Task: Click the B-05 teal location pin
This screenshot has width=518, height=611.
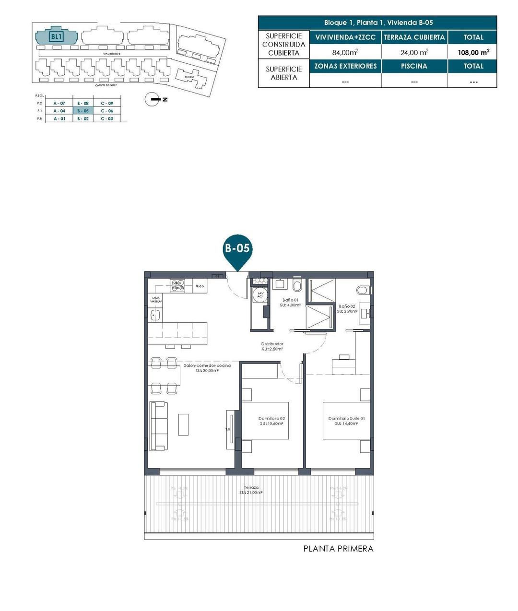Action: tap(237, 249)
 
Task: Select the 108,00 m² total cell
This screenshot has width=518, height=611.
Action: tap(473, 52)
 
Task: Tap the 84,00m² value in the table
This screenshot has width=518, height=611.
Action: tap(345, 52)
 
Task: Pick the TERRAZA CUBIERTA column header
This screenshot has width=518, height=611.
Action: tap(414, 37)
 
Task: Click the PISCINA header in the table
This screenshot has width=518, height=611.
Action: tap(414, 66)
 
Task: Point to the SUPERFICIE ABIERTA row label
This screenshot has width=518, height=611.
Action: tap(283, 73)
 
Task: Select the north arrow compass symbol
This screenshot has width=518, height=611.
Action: tap(153, 99)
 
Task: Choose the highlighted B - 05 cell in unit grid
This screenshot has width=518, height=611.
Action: tap(83, 111)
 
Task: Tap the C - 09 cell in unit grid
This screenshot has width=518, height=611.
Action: tap(107, 103)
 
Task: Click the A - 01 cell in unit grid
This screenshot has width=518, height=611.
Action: tap(59, 118)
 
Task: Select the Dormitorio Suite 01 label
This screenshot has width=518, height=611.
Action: tap(346, 421)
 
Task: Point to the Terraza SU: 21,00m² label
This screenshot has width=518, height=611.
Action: tap(251, 490)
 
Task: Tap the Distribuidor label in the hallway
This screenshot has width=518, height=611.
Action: tap(272, 346)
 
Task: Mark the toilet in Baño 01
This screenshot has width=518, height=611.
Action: tap(296, 286)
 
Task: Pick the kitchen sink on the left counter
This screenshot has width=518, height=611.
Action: tap(154, 315)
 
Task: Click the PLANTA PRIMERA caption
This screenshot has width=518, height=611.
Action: tap(338, 549)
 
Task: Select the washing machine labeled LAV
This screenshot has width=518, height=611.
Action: tap(260, 295)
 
